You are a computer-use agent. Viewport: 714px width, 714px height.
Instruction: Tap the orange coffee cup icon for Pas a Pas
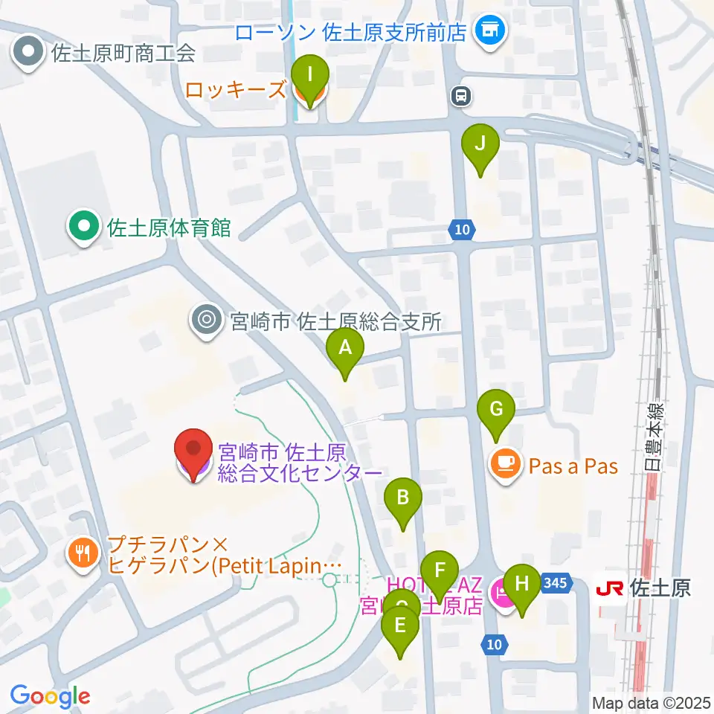[x=505, y=466]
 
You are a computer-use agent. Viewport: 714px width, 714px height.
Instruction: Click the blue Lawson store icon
[x=490, y=32]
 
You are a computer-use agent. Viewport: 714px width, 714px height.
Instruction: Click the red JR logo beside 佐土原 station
[x=610, y=588]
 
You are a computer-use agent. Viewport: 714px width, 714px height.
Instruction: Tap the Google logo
[x=50, y=696]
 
